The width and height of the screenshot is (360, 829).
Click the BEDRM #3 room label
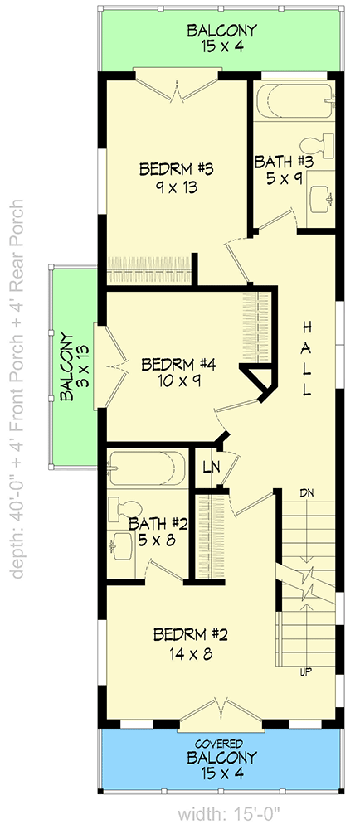tap(177, 169)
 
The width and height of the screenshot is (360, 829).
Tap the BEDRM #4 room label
tap(178, 364)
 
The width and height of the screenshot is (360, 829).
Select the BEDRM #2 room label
tap(191, 635)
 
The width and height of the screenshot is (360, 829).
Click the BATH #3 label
tap(284, 161)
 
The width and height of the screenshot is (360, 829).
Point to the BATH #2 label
tap(157, 524)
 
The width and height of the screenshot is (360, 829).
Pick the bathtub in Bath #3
tap(290, 100)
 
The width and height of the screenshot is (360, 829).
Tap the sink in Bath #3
tap(321, 197)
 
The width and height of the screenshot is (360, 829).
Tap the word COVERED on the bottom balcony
tap(221, 743)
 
